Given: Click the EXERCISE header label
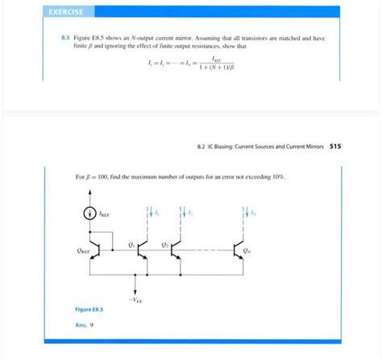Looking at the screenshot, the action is coord(70,11).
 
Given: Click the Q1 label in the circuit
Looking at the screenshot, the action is coord(131,243).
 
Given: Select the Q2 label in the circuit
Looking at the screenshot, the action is coord(165,243).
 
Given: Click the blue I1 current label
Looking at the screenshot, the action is coord(156,213).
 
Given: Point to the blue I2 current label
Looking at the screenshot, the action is coord(192,213).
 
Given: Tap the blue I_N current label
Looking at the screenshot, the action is coord(253,213).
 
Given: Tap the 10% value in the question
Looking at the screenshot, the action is coord(276,176).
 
